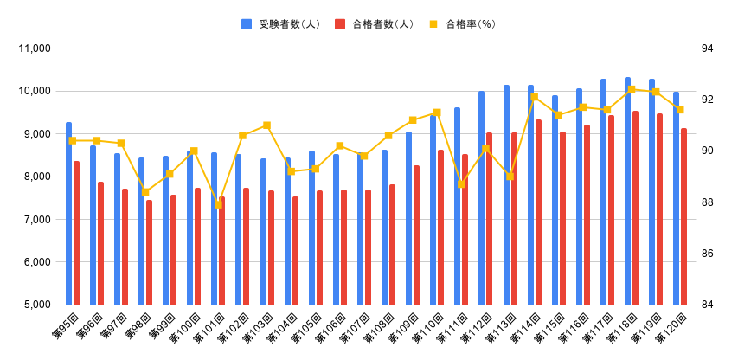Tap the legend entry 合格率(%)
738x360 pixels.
pyautogui.click(x=470, y=24)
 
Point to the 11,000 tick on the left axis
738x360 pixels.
pyautogui.click(x=35, y=48)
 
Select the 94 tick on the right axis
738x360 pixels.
pyautogui.click(x=707, y=48)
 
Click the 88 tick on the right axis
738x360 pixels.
pyautogui.click(x=707, y=202)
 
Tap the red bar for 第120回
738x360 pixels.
pyautogui.click(x=683, y=216)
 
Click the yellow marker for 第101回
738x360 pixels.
pyautogui.click(x=218, y=205)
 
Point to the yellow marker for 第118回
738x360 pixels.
pyautogui.click(x=632, y=89)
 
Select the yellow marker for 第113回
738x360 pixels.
pyautogui.click(x=510, y=177)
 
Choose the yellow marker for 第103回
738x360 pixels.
pyautogui.click(x=266, y=125)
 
